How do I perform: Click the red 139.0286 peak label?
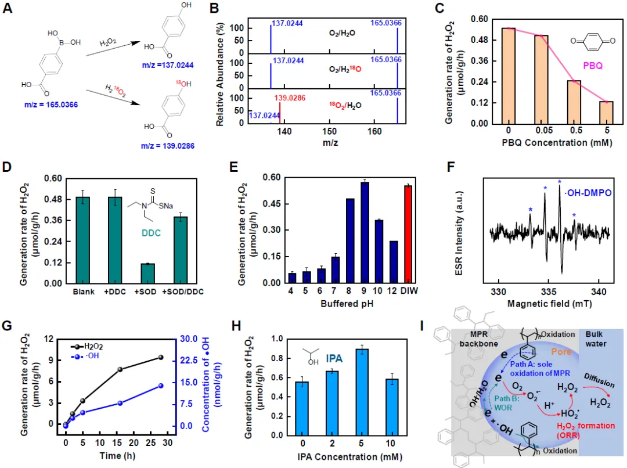click(x=298, y=97)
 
